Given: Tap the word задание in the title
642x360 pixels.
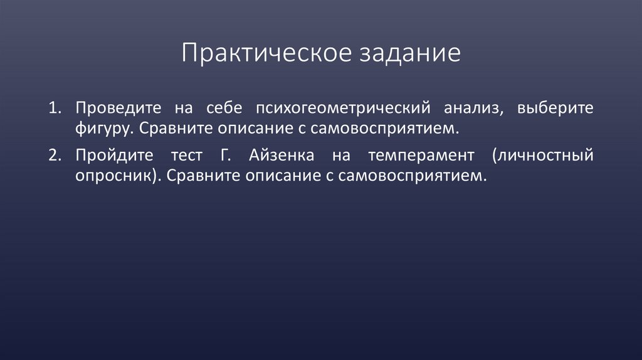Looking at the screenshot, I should point(410,53).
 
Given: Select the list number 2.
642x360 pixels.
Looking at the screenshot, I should point(53,156).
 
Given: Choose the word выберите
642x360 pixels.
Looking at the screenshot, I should point(554,108).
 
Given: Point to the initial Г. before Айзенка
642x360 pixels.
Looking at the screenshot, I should point(226,156).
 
